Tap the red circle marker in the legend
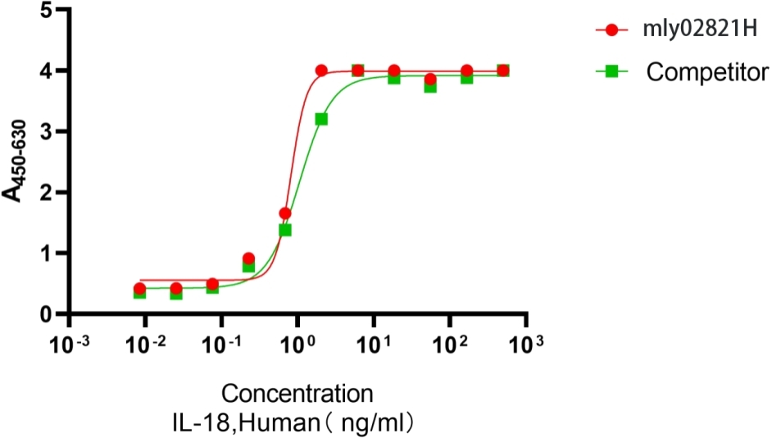(611, 30)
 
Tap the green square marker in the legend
(611, 72)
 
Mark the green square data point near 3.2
(321, 119)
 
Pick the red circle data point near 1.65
(285, 213)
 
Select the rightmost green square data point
(503, 71)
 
